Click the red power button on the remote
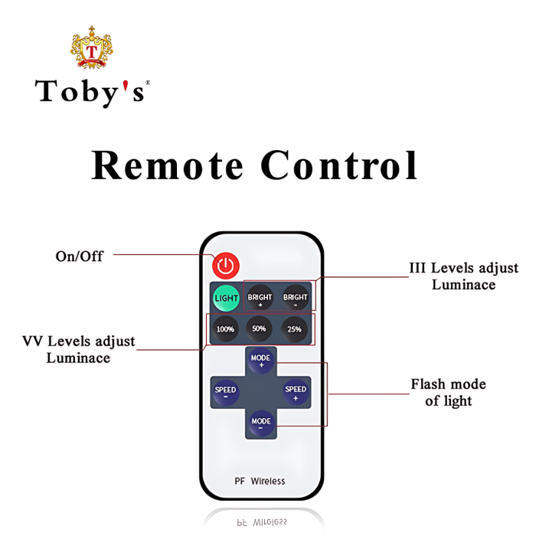pos(226,266)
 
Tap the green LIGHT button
pos(226,298)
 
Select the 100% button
pos(225,329)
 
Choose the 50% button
pos(259,329)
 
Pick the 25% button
pos(295,329)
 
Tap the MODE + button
pos(261,361)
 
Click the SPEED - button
pos(225,392)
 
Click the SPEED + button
pos(296,392)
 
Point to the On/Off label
pos(79,256)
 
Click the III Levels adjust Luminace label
pos(463,276)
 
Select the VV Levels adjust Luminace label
pos(79,349)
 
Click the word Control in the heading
pos(339,165)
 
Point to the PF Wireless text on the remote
pos(260,481)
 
